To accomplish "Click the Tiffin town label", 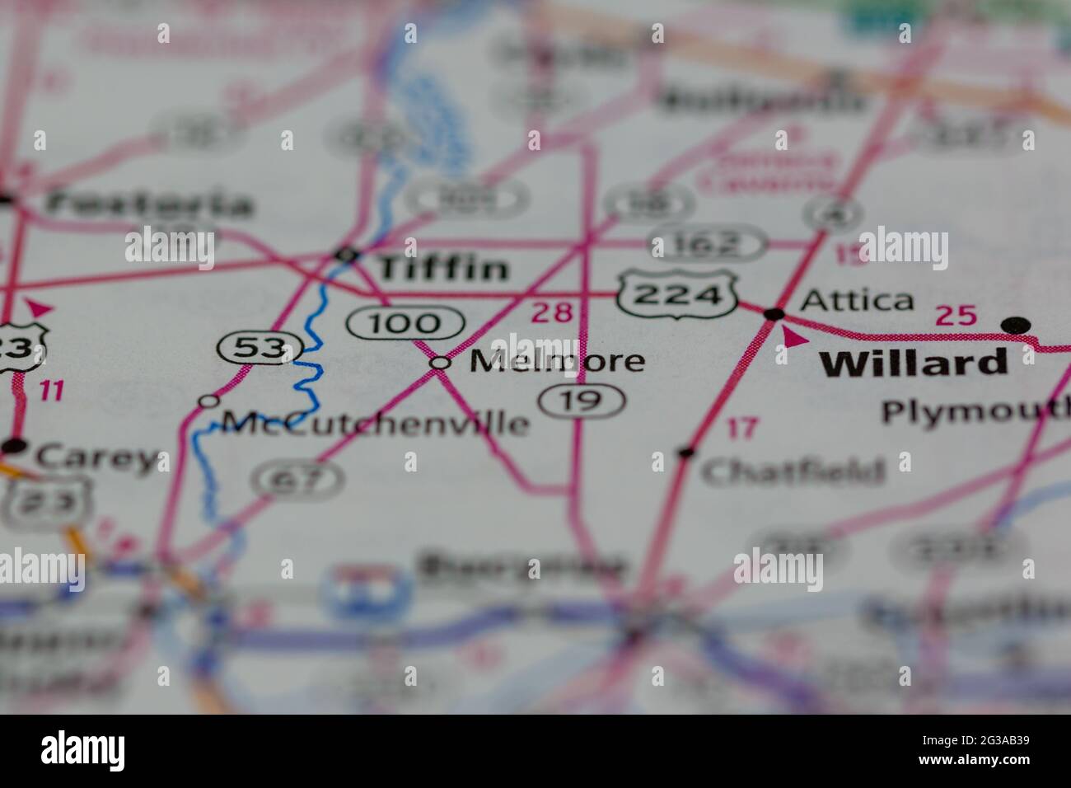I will pos(442,267).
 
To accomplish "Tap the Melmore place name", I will pos(557,361).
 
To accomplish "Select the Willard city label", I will pos(914,363).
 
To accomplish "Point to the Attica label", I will pos(857,301).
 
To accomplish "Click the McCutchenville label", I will pos(375,424).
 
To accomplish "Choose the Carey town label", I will pos(96,457).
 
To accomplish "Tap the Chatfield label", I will pos(793,471).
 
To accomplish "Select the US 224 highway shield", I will pos(678,294).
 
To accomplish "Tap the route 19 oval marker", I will pos(582,401).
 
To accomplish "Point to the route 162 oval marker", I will pos(709,245).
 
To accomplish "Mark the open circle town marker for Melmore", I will pos(442,362).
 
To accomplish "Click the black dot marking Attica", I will pos(774,313).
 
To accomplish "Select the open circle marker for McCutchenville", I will pos(209,401).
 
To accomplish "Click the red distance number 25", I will pos(956,315).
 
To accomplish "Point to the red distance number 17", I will pos(741,428).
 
